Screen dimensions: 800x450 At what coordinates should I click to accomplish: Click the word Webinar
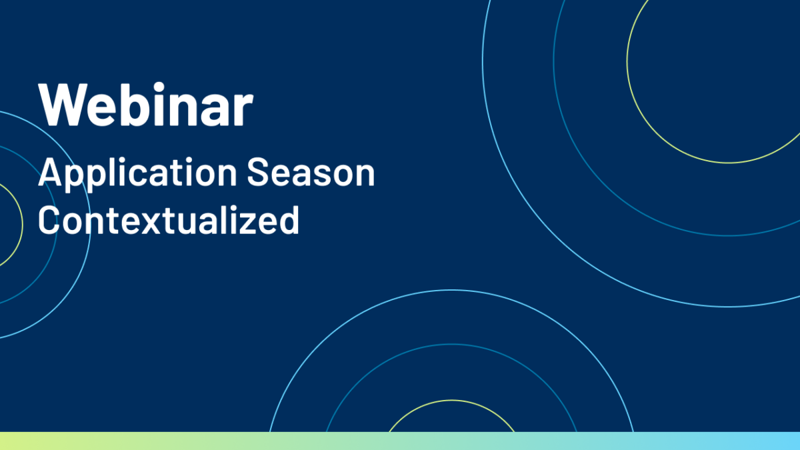pyautogui.click(x=146, y=104)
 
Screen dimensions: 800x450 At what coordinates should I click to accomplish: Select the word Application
pyautogui.click(x=137, y=175)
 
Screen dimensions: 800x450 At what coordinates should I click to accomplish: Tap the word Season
pyautogui.click(x=311, y=173)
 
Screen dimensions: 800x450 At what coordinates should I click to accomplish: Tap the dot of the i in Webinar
pyautogui.click(x=159, y=87)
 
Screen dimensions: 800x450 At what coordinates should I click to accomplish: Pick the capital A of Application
pyautogui.click(x=49, y=172)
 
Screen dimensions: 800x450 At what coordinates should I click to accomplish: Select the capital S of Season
pyautogui.click(x=258, y=172)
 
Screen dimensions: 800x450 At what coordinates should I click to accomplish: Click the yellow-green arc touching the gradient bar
pyautogui.click(x=452, y=401)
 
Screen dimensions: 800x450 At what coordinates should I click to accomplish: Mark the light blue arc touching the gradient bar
pyautogui.click(x=452, y=291)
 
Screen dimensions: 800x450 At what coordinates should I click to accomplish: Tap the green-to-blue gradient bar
pyautogui.click(x=400, y=441)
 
